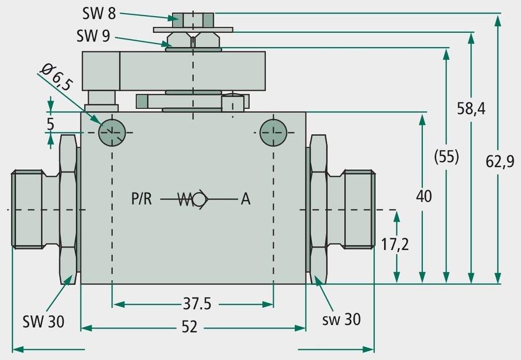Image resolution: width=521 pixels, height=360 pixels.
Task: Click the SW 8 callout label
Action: click(99, 13)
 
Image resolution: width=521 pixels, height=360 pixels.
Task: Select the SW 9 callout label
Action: click(93, 36)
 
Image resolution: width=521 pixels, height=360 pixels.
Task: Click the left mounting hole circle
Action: click(112, 132)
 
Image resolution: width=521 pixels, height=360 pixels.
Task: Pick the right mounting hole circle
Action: click(273, 132)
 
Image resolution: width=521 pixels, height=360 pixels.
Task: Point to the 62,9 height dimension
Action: click(500, 162)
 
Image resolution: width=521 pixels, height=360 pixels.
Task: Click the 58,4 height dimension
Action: click(471, 108)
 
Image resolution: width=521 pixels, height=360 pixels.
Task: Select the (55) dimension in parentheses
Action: click(446, 156)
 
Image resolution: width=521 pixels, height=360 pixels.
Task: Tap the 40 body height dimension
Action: click(424, 196)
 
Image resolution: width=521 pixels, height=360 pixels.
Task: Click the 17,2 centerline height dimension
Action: click(395, 244)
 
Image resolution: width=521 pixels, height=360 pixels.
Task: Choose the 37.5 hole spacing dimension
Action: click(197, 304)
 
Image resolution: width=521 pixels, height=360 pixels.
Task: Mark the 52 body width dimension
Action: click(190, 327)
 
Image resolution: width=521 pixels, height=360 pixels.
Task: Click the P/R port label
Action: click(142, 199)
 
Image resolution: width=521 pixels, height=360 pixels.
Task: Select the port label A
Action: click(246, 199)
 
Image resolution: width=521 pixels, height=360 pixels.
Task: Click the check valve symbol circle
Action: click(199, 199)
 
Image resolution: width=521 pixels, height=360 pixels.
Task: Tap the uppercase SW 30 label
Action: click(43, 322)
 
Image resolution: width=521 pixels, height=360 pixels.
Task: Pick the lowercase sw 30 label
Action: click(341, 319)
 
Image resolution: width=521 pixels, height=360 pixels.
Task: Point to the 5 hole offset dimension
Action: click(50, 124)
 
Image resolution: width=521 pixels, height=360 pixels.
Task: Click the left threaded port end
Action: click(27, 209)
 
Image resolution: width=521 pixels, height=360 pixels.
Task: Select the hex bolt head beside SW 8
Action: click(193, 20)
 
